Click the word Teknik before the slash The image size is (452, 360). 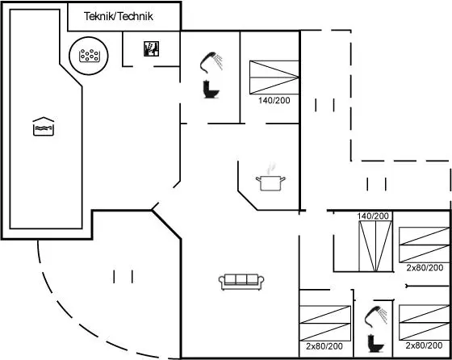(98, 16)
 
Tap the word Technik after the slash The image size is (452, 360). (136, 16)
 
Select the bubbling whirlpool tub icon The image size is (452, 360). (90, 56)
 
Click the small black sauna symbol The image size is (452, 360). (152, 48)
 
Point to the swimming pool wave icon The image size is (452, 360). (44, 126)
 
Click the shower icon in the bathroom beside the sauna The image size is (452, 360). (211, 62)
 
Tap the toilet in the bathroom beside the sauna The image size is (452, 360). (211, 90)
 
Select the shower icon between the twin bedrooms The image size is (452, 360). (375, 316)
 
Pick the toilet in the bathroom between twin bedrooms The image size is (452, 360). (375, 343)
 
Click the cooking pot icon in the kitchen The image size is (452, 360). (270, 183)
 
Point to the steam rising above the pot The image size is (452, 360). (270, 169)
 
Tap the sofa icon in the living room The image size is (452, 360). (241, 282)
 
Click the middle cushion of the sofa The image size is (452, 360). (241, 279)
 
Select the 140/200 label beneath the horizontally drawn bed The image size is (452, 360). (274, 100)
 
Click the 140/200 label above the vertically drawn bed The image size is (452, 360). (373, 216)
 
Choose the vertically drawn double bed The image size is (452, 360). (375, 246)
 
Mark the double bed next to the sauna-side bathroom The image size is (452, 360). (274, 77)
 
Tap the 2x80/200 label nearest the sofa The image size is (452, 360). (324, 346)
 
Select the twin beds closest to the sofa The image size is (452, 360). (325, 323)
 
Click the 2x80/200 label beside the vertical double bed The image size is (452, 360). (425, 268)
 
